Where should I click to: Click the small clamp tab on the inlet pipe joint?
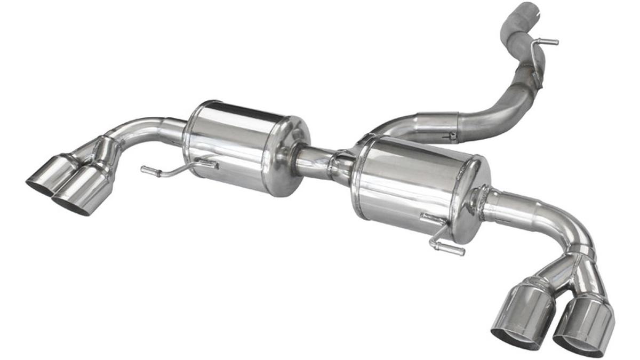[x=452, y=136]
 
